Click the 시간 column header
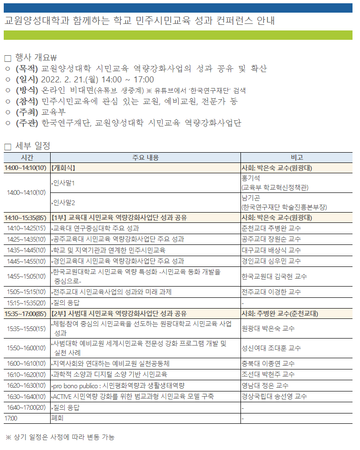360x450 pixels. click(27, 157)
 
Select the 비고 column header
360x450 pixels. click(296, 157)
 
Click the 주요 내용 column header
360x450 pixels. click(145, 157)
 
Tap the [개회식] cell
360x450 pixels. click(64, 168)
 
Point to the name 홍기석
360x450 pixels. click(250, 178)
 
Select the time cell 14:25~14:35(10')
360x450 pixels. click(27, 239)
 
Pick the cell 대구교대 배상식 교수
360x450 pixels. click(271, 250)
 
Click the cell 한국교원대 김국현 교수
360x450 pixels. click(274, 276)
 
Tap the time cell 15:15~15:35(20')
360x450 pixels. click(27, 302)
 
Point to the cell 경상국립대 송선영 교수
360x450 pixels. click(274, 397)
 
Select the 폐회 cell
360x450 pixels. click(57, 418)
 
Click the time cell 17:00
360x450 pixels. click(11, 418)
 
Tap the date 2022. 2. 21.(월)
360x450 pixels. click(70, 79)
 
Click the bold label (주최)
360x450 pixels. click(28, 112)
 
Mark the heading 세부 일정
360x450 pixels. click(33, 146)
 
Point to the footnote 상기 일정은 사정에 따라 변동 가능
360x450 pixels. click(64, 437)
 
